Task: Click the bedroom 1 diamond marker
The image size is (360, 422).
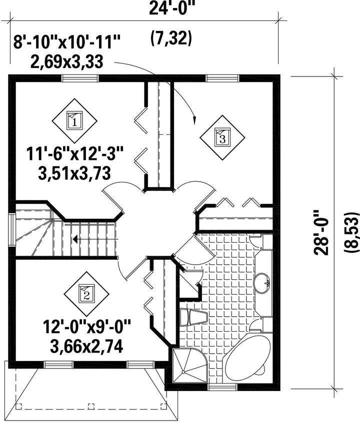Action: [x=74, y=121]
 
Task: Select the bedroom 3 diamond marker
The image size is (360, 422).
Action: [x=222, y=138]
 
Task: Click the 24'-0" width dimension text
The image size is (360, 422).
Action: [x=171, y=8]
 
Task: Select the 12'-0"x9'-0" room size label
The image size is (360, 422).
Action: [x=86, y=327]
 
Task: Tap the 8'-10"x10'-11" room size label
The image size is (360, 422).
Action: [x=66, y=43]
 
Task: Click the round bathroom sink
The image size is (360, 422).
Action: [x=262, y=283]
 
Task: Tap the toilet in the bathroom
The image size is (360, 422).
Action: [x=193, y=317]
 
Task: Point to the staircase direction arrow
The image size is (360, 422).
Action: [x=95, y=239]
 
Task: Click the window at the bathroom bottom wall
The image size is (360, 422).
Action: [x=222, y=387]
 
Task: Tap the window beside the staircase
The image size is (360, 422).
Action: [x=12, y=230]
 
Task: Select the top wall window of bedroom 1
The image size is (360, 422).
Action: [x=79, y=78]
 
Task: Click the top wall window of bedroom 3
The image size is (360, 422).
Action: [x=222, y=78]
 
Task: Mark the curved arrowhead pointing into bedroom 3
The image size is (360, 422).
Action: [x=194, y=121]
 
